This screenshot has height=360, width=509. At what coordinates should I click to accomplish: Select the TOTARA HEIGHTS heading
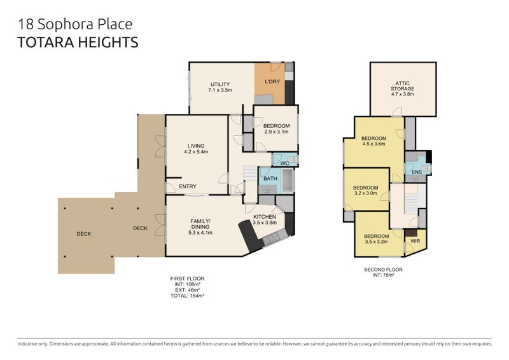coord(78,43)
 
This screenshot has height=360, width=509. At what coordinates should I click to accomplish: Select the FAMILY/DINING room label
coord(200,226)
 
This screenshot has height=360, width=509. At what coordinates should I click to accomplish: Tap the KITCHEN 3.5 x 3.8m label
coord(265,219)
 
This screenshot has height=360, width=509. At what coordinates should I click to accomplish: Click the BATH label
coord(269,179)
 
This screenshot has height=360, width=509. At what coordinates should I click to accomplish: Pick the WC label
coord(285,163)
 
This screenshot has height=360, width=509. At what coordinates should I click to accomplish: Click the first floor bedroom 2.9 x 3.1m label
coord(276,128)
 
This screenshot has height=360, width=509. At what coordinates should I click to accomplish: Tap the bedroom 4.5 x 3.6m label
coord(373,141)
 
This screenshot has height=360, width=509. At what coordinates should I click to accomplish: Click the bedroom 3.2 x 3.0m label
coord(365,191)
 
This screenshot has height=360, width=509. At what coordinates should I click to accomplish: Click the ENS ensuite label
coord(417,172)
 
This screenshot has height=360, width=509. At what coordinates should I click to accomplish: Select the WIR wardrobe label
coord(415,242)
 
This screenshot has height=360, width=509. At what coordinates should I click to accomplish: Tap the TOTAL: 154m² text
coord(187,296)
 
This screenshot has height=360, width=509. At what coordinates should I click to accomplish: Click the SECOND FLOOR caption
coord(383,269)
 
